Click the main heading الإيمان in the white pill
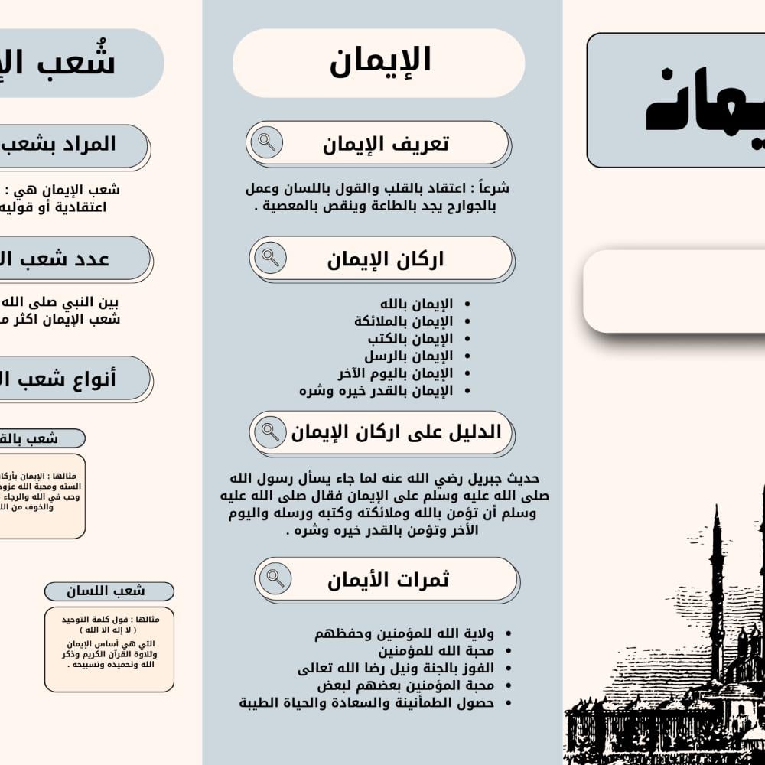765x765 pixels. click(x=380, y=61)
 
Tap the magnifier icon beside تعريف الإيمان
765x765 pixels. click(x=266, y=142)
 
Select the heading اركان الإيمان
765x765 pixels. click(x=386, y=259)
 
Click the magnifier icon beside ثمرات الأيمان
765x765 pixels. click(x=275, y=578)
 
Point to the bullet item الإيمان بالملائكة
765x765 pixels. click(x=403, y=321)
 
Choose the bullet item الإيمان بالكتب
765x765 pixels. click(x=410, y=338)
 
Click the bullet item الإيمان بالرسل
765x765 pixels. click(x=409, y=356)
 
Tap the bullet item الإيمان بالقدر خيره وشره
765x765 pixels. click(x=376, y=391)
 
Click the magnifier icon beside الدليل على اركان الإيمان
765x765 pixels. click(x=270, y=432)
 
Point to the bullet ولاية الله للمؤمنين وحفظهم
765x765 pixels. click(x=404, y=633)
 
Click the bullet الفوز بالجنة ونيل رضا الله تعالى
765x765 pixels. click(x=396, y=668)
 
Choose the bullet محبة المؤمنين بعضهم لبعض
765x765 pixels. click(x=404, y=685)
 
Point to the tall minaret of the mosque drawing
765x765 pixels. click(x=716, y=589)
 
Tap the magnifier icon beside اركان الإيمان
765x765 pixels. click(x=270, y=258)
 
